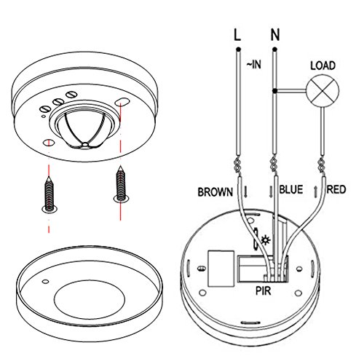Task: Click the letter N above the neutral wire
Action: pyautogui.click(x=274, y=33)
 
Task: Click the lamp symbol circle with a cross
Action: pyautogui.click(x=321, y=92)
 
